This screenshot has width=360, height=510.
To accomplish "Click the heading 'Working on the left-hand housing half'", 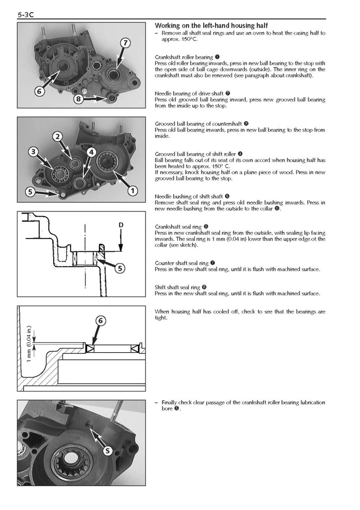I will [x=211, y=25].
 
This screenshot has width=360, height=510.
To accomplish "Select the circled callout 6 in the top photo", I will [x=39, y=91].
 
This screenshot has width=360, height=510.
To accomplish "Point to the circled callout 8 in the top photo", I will [x=79, y=98].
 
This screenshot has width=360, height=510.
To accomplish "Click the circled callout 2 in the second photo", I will [x=57, y=137].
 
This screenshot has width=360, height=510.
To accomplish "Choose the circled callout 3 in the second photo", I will [x=33, y=152].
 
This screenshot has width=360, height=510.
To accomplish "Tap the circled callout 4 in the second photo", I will [x=91, y=152].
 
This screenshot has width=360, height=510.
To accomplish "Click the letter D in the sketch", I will [x=121, y=225].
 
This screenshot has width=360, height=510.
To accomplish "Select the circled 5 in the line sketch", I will [x=121, y=268].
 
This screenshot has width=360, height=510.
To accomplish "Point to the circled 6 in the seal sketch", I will [x=101, y=320].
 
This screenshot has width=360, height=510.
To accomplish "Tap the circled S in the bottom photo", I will [x=108, y=450].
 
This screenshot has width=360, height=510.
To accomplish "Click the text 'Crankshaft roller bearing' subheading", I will [x=184, y=57].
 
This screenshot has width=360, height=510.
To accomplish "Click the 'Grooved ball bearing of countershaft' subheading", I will [x=198, y=124].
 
